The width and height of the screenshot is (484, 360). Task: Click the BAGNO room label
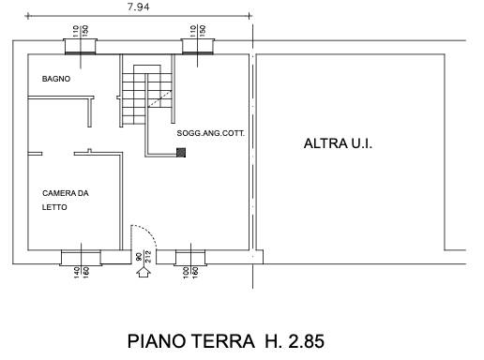[56, 79]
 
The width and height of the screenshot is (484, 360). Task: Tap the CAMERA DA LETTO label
[66, 200]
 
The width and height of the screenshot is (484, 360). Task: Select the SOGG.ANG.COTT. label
[210, 133]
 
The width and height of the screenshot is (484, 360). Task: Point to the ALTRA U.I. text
[338, 143]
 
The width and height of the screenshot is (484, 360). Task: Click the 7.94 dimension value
[138, 7]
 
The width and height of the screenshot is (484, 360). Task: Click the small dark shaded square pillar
[181, 153]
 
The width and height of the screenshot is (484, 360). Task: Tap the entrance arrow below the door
[144, 272]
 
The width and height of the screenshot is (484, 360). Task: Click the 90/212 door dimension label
[144, 257]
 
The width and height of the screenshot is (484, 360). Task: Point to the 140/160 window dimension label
[82, 272]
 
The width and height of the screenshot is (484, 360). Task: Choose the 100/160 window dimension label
[190, 272]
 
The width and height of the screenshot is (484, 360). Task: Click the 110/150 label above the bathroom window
[81, 31]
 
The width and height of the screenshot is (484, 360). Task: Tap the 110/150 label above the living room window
[198, 31]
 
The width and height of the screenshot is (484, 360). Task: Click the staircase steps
[147, 95]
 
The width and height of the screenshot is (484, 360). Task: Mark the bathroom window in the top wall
[81, 47]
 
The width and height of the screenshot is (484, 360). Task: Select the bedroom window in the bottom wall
[82, 258]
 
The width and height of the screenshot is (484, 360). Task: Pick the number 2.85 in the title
[306, 341]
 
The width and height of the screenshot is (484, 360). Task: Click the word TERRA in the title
[222, 341]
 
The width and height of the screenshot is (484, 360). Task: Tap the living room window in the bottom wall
[190, 258]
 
